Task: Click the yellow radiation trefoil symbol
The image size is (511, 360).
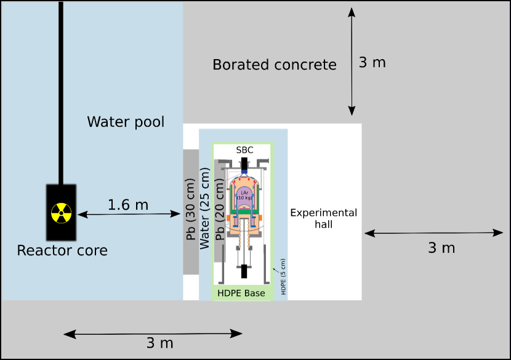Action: point(62,214)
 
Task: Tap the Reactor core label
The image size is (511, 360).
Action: point(62,250)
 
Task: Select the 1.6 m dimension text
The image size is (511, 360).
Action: point(128,205)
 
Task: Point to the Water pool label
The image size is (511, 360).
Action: point(126,122)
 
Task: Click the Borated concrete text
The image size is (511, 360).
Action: point(275,65)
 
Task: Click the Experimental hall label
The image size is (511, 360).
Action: point(323,218)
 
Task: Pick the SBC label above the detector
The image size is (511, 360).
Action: point(244,150)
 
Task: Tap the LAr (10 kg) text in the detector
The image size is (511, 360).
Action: point(244,195)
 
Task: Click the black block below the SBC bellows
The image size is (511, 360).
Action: point(244,271)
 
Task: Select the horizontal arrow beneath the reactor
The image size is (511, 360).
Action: point(152,334)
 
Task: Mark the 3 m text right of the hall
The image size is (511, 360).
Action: point(441,248)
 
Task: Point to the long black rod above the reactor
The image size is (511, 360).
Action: point(60,92)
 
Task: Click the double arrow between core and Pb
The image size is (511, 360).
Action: point(128,214)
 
